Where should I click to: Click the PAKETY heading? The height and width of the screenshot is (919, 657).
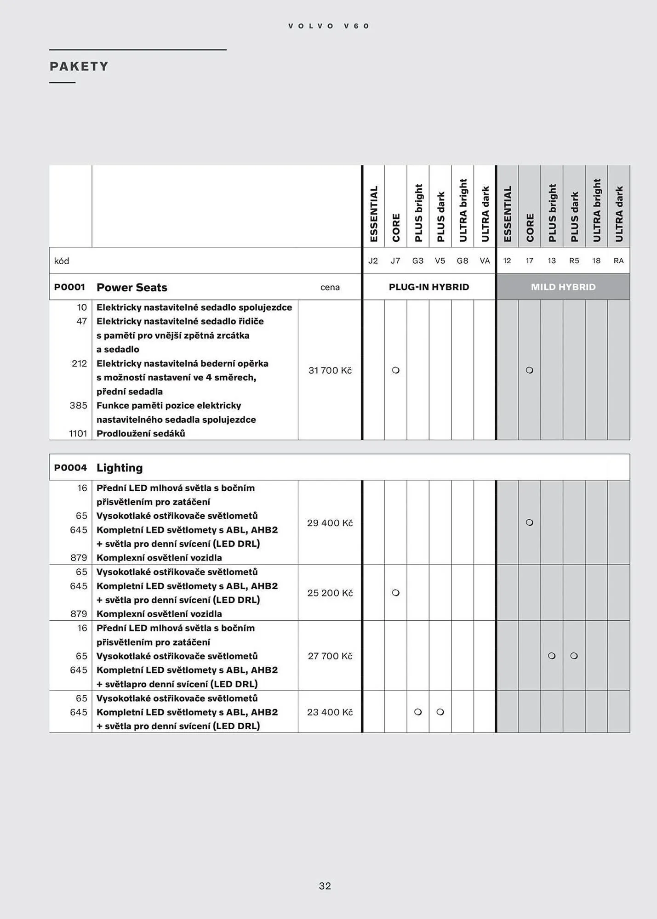click(x=79, y=67)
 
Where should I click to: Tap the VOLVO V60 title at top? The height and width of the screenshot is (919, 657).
click(x=329, y=26)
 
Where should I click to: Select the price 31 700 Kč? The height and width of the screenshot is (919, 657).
click(x=330, y=370)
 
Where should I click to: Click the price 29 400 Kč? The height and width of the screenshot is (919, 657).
click(x=330, y=523)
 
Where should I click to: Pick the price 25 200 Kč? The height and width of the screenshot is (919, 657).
click(x=330, y=593)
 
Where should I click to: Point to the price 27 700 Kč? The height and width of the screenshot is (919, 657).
click(x=330, y=656)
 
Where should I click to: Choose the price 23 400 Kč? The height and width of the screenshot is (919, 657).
click(x=330, y=712)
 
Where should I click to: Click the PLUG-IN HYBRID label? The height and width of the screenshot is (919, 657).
click(x=428, y=287)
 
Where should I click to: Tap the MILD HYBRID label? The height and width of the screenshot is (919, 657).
click(x=563, y=287)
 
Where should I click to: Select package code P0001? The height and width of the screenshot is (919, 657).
click(x=69, y=287)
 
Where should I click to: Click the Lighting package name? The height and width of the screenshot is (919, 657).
click(x=120, y=468)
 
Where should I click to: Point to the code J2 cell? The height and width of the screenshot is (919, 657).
click(x=373, y=261)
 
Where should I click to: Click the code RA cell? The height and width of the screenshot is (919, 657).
click(x=618, y=261)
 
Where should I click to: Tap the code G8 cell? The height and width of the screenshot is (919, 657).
click(x=462, y=261)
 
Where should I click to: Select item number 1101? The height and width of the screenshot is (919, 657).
click(x=78, y=433)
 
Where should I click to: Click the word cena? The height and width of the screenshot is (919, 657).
click(x=330, y=288)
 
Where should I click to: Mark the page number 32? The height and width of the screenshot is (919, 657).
click(x=325, y=886)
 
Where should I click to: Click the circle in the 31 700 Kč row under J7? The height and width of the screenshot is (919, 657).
click(x=395, y=370)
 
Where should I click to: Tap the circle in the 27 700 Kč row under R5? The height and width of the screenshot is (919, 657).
click(x=574, y=656)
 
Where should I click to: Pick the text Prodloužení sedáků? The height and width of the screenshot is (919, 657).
click(x=141, y=433)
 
